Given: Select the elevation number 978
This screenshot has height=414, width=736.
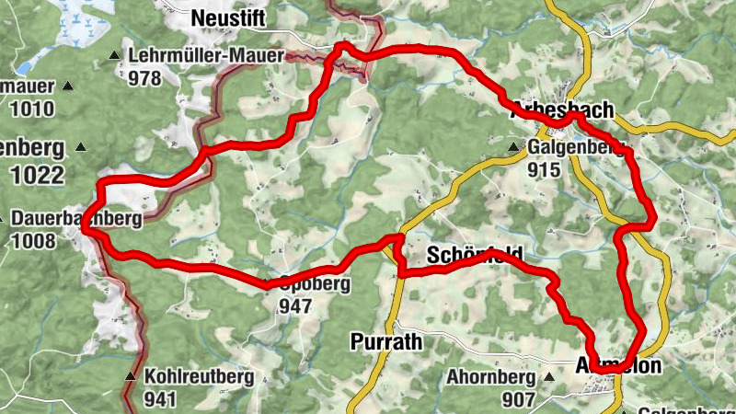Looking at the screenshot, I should [145, 78].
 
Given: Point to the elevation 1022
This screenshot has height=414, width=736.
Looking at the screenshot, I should [38, 175].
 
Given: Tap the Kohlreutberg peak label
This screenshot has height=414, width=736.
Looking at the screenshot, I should [198, 377].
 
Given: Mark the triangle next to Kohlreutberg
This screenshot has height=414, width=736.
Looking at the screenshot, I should [130, 377].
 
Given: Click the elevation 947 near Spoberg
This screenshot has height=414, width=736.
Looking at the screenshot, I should [295, 306].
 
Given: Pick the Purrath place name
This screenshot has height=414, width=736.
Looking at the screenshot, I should [385, 342].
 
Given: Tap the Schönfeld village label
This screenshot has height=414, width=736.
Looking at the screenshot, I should [475, 255].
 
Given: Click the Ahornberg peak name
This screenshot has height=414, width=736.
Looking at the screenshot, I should [491, 377].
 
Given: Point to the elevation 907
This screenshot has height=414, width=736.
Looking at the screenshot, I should [520, 399].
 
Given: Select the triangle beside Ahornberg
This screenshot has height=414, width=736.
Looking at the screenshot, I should [550, 377].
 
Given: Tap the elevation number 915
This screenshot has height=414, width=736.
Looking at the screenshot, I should [545, 169].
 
